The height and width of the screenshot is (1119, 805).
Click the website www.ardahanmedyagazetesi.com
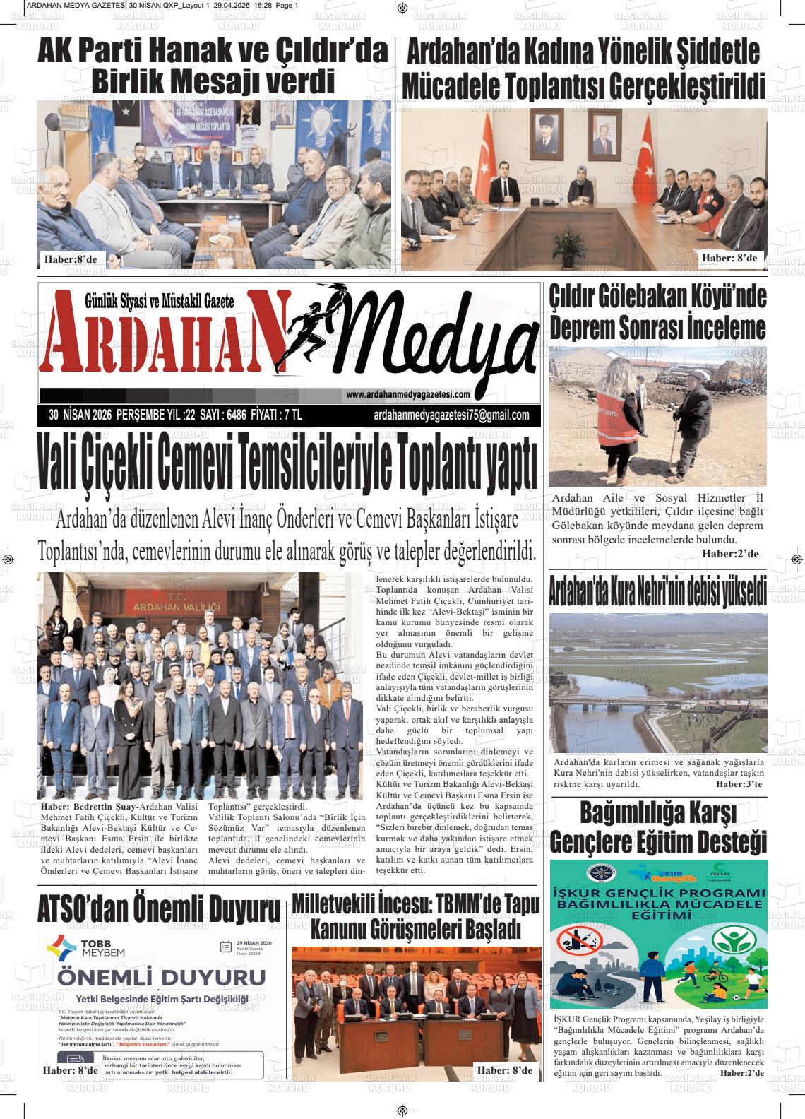[407, 395]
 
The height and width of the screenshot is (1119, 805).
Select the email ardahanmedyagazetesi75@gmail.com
[451, 415]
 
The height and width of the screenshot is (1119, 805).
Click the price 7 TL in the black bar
[290, 415]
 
